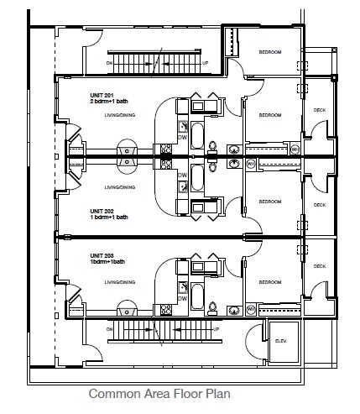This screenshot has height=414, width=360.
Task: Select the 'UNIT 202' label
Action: pos(102,210)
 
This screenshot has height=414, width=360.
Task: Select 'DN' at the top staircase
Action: pos(109,61)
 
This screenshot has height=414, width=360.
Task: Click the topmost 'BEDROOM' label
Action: pos(269,52)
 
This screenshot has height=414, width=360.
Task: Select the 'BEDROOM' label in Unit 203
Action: pos(269,283)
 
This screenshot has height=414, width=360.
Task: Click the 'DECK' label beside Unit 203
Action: pos(319,266)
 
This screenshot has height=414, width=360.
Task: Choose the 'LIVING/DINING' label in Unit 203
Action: pos(120,283)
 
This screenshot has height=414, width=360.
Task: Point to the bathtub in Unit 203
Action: pos(198,296)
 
